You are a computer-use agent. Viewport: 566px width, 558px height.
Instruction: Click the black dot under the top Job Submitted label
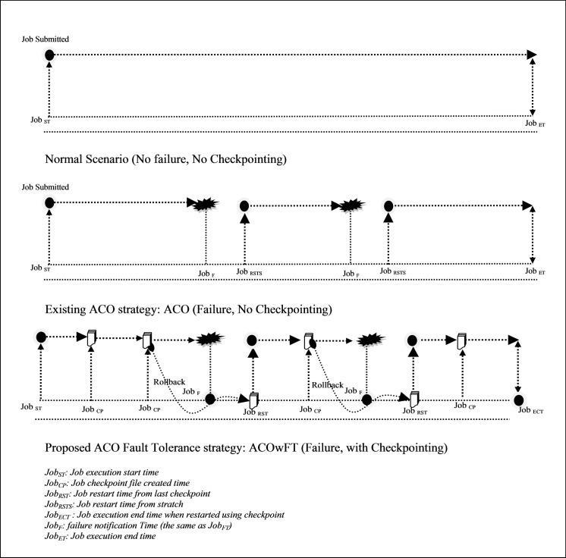(x=49, y=55)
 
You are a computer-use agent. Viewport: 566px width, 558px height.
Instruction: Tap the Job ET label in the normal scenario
(x=534, y=123)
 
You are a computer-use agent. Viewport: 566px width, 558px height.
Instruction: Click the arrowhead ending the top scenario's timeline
(x=533, y=55)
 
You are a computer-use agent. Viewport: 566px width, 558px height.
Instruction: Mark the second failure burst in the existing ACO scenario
(x=350, y=205)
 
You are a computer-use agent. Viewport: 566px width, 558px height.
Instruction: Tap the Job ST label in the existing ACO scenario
(x=41, y=268)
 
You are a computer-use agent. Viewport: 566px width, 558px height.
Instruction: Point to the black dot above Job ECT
(x=519, y=400)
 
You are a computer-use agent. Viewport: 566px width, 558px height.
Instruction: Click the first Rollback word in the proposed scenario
(x=168, y=382)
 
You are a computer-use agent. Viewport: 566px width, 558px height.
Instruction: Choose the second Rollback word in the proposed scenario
(x=327, y=384)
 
